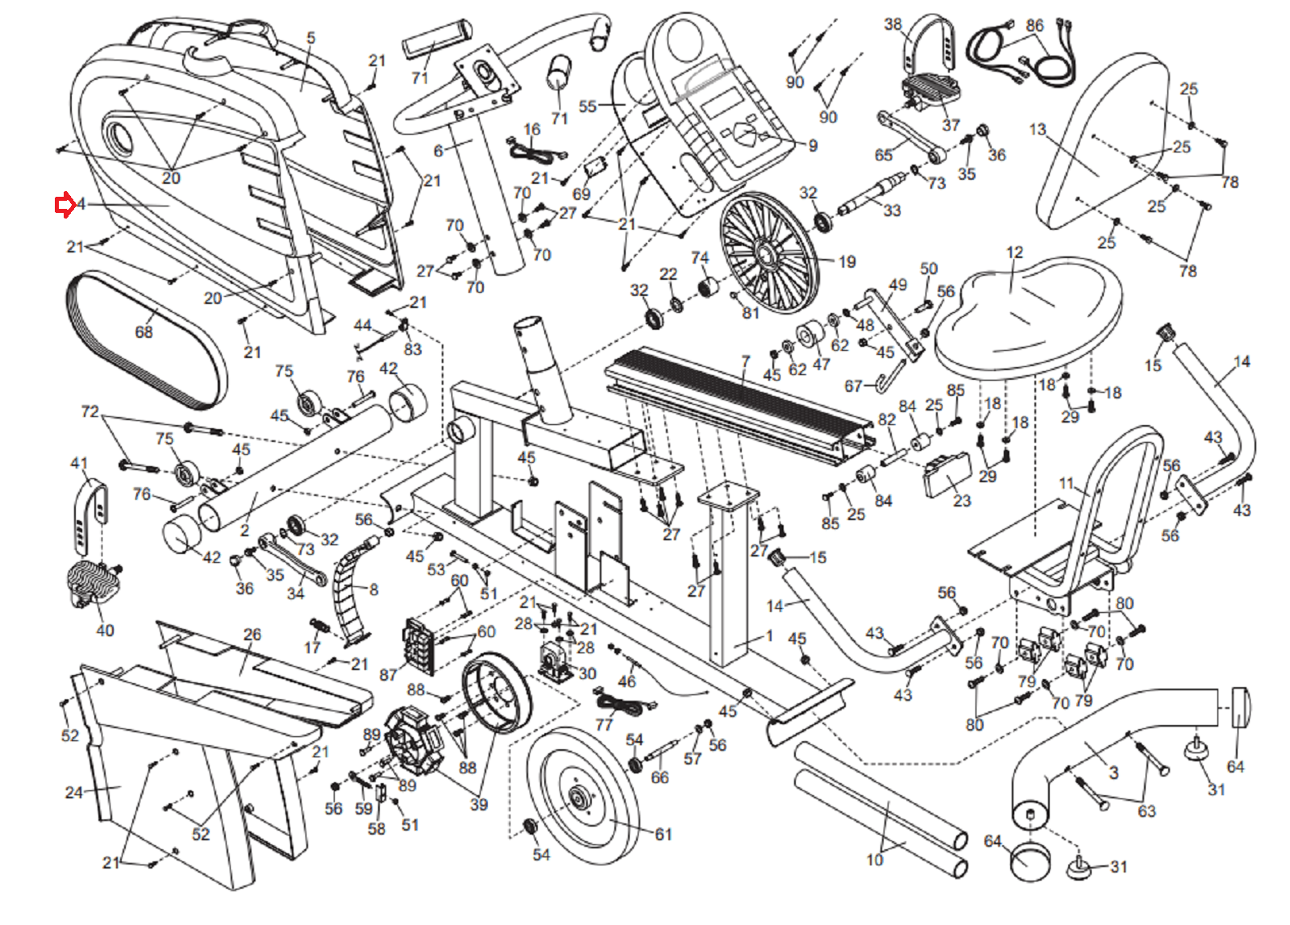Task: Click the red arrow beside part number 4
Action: [x=64, y=206]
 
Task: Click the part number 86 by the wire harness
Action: [x=1035, y=26]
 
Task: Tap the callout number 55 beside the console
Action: [x=588, y=106]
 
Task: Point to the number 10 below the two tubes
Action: [x=875, y=860]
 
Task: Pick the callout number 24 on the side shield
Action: [x=74, y=792]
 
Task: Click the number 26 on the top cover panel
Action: [x=252, y=635]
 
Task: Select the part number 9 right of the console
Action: [x=813, y=146]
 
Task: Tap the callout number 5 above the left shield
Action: [x=311, y=38]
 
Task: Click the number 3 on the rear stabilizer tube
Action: [x=1113, y=773]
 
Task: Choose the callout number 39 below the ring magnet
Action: [x=479, y=804]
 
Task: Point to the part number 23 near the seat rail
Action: [x=962, y=501]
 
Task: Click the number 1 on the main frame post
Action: [x=769, y=635]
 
